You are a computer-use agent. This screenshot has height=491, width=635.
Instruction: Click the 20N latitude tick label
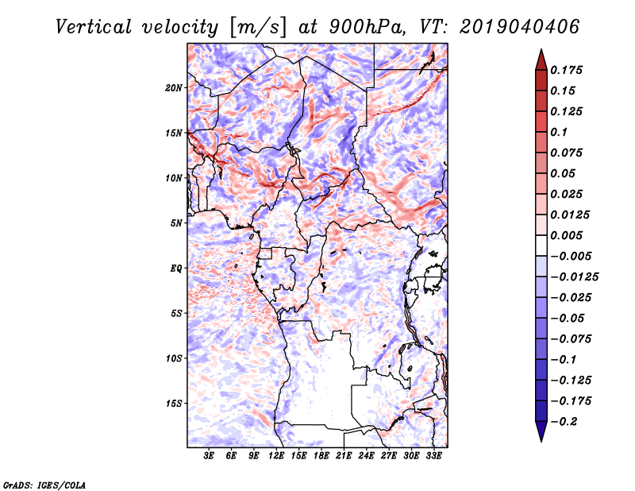point(174,87)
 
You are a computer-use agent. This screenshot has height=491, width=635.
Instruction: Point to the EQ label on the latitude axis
point(177,269)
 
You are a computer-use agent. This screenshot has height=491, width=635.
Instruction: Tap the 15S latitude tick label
point(174,404)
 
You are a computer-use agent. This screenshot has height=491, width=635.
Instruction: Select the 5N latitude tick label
point(176,223)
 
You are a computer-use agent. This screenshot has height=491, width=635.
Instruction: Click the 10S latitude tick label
point(174,358)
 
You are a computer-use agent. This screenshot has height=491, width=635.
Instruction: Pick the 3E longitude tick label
point(210,457)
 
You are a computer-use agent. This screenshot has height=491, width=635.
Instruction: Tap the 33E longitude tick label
point(434,457)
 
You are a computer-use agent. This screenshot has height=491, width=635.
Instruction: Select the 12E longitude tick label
point(277,457)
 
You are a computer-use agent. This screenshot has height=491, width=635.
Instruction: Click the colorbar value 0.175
point(569,70)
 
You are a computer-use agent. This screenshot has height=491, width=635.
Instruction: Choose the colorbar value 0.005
point(569,236)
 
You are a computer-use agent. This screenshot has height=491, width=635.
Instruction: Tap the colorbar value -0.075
point(572,339)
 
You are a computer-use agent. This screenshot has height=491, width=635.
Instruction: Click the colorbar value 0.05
point(565,173)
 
